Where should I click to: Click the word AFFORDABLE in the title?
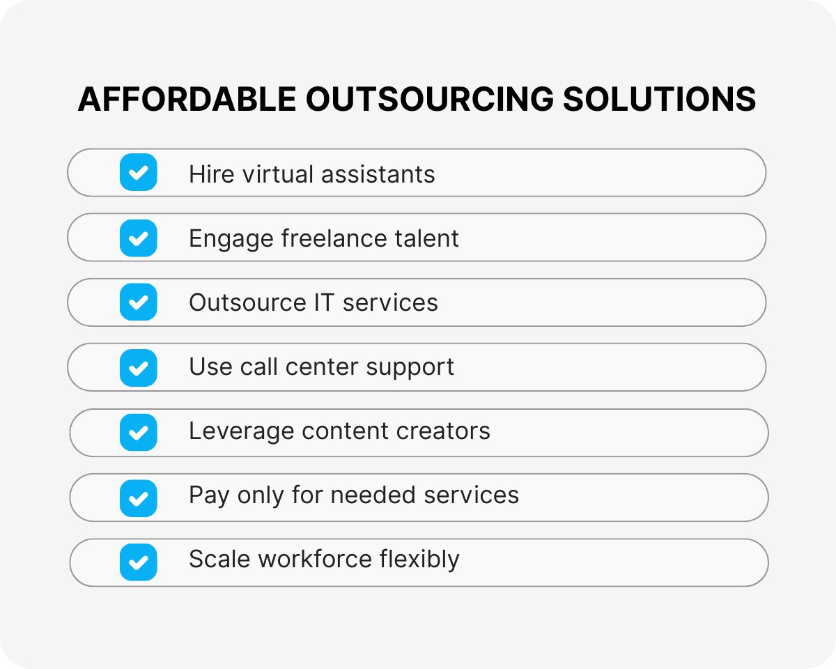[187, 100]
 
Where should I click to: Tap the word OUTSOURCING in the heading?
[429, 100]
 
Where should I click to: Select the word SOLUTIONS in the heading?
[659, 100]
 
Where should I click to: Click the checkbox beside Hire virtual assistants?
[139, 173]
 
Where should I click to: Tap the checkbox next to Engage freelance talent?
[139, 238]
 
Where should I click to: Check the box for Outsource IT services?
[139, 302]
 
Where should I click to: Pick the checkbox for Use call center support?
[139, 367]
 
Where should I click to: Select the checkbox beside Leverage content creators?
[139, 432]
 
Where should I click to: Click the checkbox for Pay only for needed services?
[139, 497]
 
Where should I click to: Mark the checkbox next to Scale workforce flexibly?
[139, 562]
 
